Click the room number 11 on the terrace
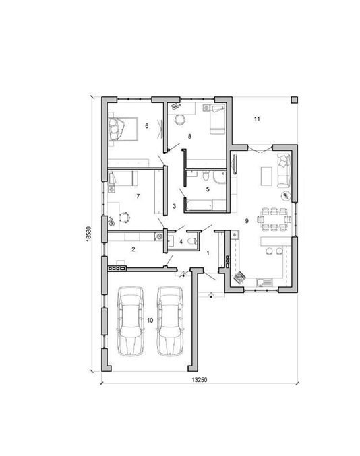tap(257, 119)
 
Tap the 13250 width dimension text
tap(200, 379)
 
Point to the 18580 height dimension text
tap(89, 234)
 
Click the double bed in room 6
tap(123, 129)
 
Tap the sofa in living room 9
tap(283, 170)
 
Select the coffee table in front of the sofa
tap(266, 176)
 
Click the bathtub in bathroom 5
tap(199, 205)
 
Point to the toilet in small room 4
tap(193, 241)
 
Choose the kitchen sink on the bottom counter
tap(264, 282)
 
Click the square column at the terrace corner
tap(294, 100)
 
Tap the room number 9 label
tap(247, 221)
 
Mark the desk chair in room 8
tap(180, 119)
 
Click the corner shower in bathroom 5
tap(219, 177)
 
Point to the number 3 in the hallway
tap(175, 206)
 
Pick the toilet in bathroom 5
tap(206, 175)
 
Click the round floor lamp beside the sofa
tap(286, 196)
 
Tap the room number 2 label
tap(133, 249)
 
